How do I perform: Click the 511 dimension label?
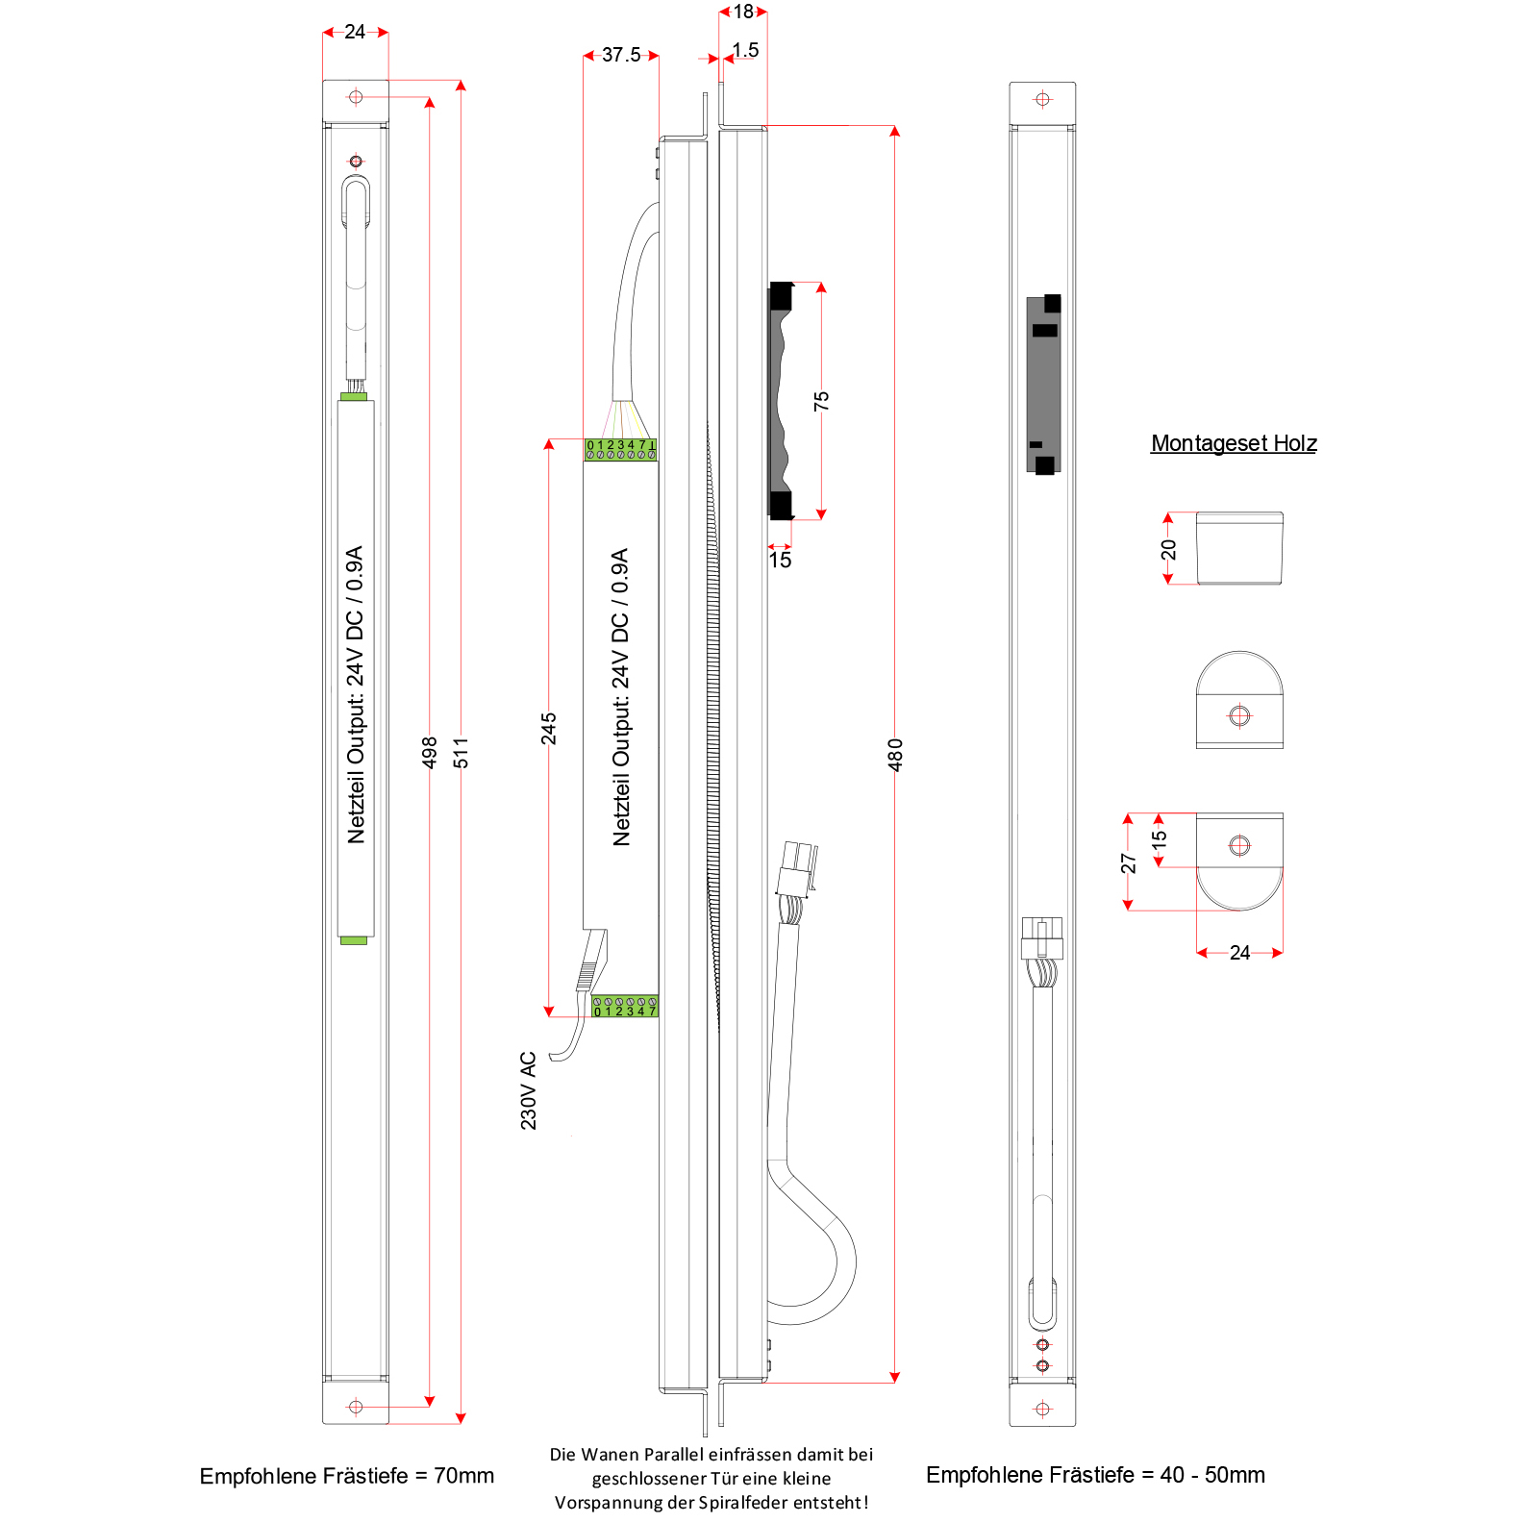462,752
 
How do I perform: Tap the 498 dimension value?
430,752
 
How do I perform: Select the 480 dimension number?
895,755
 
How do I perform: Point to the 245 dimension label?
549,729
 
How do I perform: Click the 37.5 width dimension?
621,55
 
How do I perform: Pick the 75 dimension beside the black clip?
821,401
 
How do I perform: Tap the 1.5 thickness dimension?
745,50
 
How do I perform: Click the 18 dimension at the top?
743,12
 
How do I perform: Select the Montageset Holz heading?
1234,443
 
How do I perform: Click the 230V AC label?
529,1090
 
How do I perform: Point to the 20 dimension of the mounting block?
1168,549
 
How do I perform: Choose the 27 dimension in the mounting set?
1129,862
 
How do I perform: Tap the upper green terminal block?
621,449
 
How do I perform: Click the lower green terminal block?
625,1007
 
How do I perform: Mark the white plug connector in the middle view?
797,867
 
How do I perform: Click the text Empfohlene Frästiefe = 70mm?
346,1476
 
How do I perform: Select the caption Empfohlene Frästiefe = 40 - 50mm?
1095,1475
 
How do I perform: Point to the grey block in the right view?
1043,385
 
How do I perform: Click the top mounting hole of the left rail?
356,97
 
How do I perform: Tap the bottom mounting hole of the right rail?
1042,1409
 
